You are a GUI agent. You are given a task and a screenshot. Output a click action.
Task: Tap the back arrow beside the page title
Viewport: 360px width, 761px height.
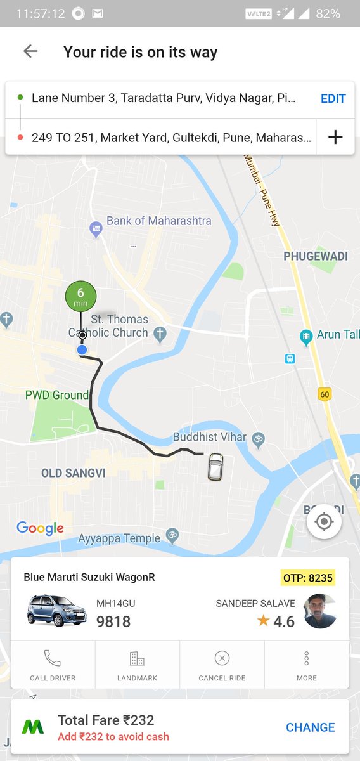pos(30,51)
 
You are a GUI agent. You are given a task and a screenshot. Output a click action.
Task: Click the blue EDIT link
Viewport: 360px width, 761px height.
pos(333,98)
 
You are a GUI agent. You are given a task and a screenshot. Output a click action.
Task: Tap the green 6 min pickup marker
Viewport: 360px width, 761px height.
pos(80,296)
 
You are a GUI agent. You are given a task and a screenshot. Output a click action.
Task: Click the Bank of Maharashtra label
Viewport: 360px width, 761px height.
pos(158,221)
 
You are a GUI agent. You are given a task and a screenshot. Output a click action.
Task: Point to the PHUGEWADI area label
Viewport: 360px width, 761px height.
pos(316,256)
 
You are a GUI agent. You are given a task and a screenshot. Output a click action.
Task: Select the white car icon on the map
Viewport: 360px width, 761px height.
pos(216,467)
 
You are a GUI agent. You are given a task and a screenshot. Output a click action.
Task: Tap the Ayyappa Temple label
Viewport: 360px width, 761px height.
pos(119,538)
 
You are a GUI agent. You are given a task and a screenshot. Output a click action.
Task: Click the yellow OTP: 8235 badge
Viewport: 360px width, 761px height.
pos(307,578)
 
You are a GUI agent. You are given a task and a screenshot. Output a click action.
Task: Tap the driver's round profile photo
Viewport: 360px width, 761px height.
pos(319,611)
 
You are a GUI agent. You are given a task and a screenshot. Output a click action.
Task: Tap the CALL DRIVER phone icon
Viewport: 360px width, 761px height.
pos(53,658)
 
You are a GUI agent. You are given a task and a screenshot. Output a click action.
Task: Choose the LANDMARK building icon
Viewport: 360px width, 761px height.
pos(137,658)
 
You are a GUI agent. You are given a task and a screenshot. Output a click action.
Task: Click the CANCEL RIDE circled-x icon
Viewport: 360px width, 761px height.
pos(222,658)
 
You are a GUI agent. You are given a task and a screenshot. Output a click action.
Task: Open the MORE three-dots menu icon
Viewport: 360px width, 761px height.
pos(307,658)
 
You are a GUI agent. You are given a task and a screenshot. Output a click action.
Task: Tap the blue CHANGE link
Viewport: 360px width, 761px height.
pos(310,727)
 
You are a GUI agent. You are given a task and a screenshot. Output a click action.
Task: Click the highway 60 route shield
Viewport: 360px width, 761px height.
pos(325,394)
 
